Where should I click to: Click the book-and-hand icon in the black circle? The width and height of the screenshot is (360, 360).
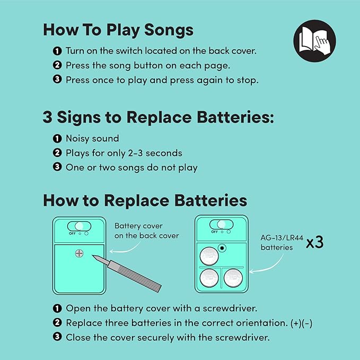click(314, 41)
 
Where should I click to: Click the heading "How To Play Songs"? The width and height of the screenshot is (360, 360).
click(118, 30)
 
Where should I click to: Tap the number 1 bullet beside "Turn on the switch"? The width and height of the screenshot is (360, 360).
click(57, 51)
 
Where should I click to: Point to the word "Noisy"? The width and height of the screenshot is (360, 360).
click(77, 139)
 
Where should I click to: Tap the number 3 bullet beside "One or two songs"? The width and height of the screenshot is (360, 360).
click(57, 167)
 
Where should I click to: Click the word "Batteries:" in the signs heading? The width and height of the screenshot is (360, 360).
click(235, 117)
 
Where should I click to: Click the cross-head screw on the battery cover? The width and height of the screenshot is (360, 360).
click(79, 253)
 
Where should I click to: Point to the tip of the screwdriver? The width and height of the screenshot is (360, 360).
click(93, 256)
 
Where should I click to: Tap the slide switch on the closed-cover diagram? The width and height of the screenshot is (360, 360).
click(79, 226)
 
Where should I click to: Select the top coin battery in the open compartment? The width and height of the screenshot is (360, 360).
click(209, 256)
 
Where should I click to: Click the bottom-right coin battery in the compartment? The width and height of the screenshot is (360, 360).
click(233, 278)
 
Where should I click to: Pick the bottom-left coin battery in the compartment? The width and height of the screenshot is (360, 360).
click(209, 278)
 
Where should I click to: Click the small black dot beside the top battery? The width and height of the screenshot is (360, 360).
click(222, 248)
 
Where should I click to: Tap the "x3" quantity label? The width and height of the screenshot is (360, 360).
click(315, 242)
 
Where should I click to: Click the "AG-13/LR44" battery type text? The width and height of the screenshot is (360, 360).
click(282, 238)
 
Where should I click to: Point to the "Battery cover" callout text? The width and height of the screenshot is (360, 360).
click(138, 226)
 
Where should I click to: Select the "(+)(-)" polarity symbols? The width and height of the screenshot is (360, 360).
click(302, 323)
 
